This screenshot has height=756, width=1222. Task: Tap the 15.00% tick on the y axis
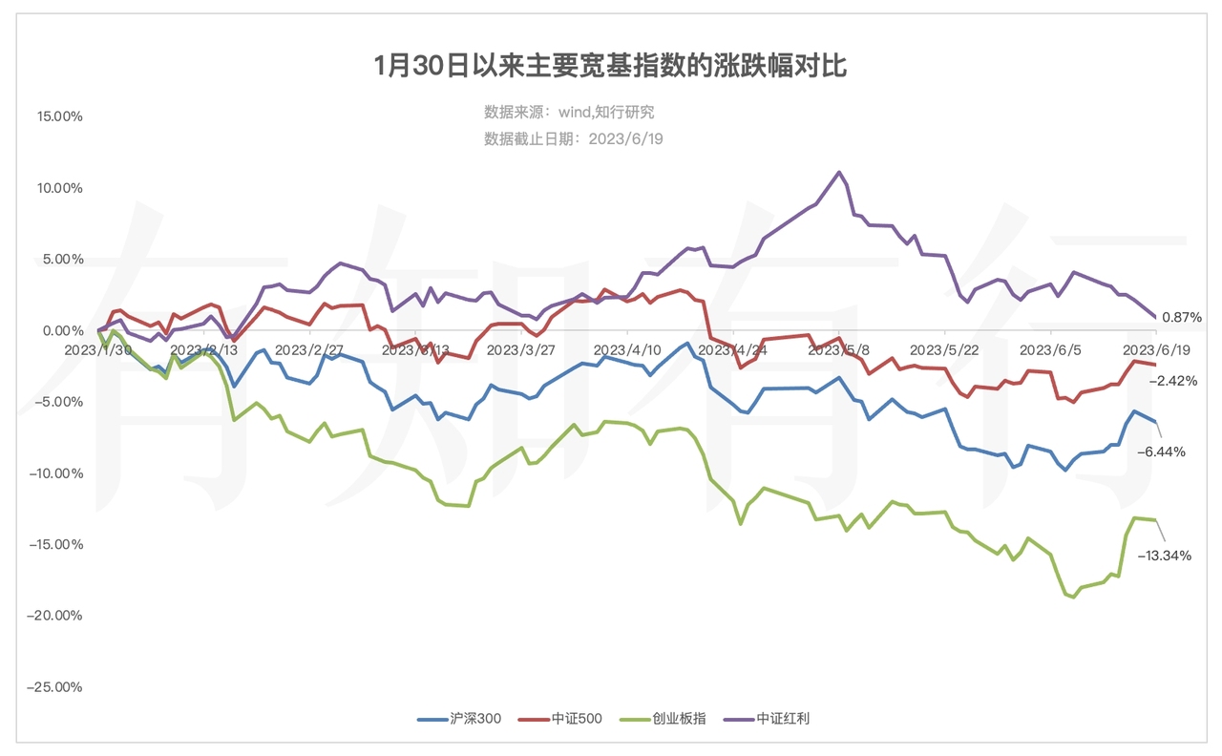coord(60,116)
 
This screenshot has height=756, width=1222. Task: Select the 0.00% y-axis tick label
coord(63,330)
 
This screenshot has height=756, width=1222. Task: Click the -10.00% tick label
coord(57,473)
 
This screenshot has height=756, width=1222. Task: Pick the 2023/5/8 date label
coord(838,350)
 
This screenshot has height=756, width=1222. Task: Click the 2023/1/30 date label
coord(98,350)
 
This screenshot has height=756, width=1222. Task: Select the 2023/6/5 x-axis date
coord(1050,350)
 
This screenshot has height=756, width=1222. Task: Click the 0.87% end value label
coord(1182,317)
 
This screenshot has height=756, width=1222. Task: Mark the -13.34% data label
coord(1165,556)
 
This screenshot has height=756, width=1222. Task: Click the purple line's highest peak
coord(839,173)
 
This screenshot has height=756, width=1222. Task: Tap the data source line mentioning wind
coord(569,113)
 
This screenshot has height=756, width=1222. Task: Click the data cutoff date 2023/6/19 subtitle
coord(573,138)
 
